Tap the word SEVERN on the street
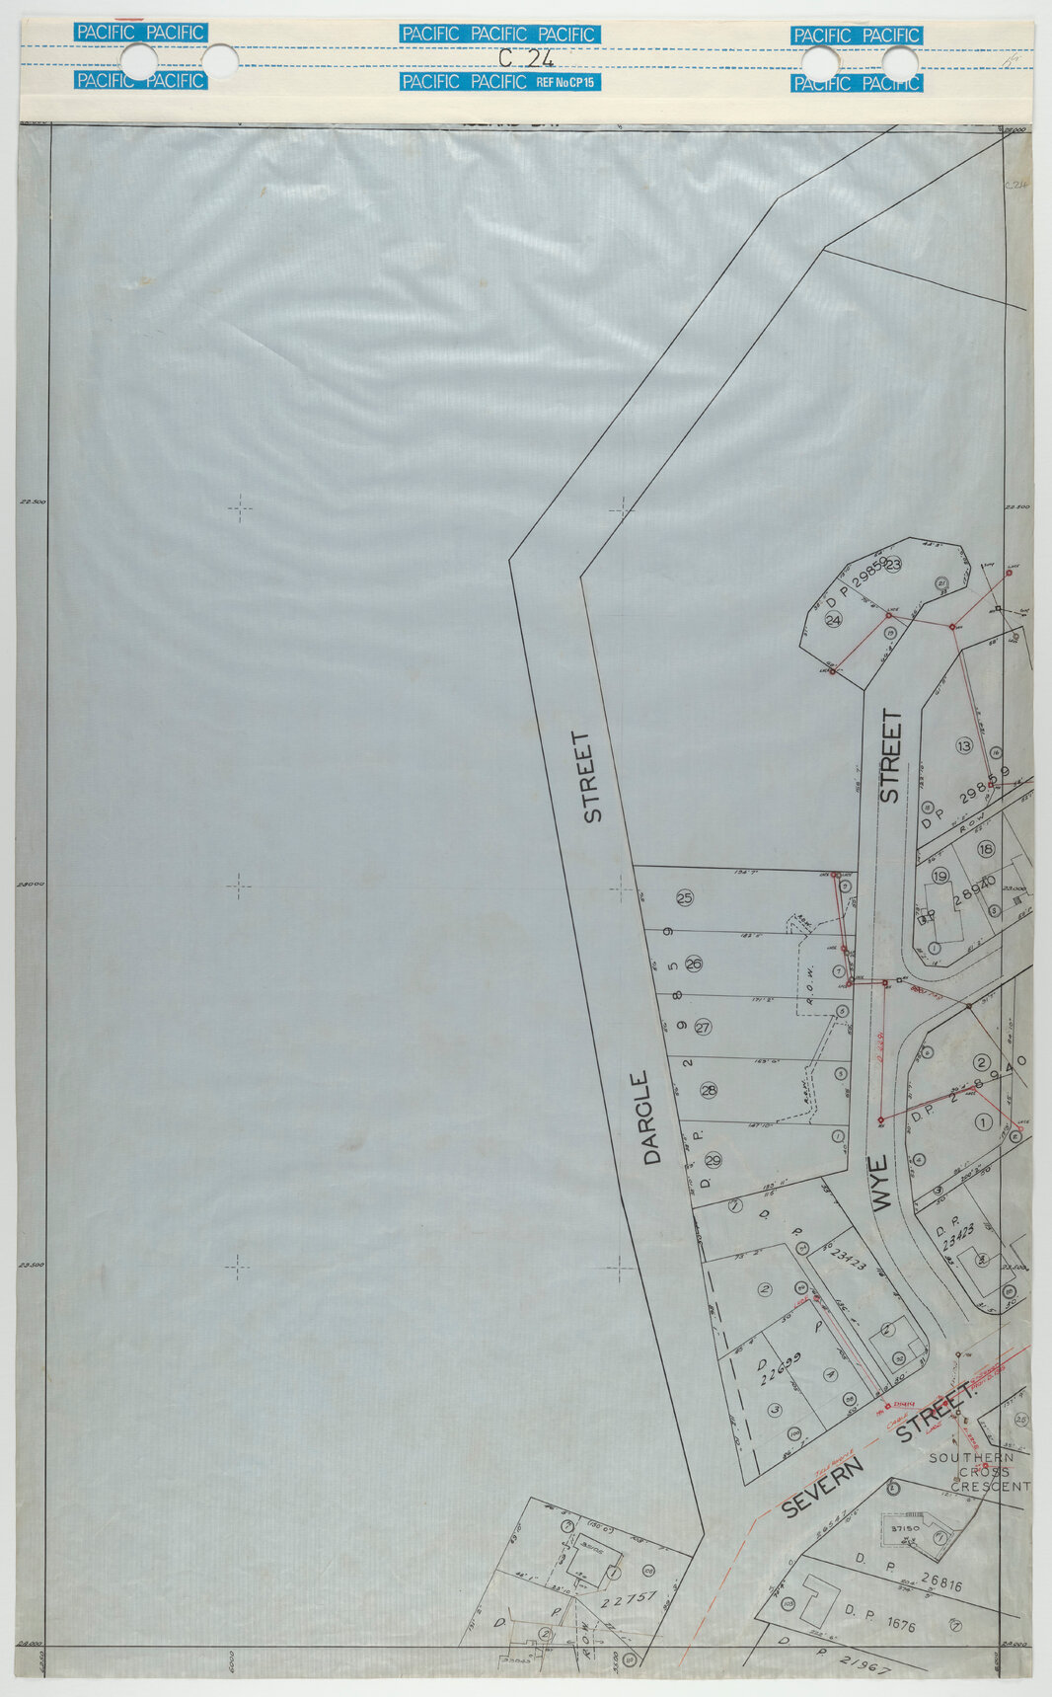(x=822, y=1488)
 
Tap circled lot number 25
(x=685, y=897)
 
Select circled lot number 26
(x=693, y=964)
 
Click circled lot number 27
(x=703, y=1027)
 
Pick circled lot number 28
(x=709, y=1090)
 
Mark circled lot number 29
(x=714, y=1159)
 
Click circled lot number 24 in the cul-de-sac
(x=833, y=620)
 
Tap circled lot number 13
(x=964, y=744)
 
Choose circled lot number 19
(x=939, y=876)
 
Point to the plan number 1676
(x=895, y=1623)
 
